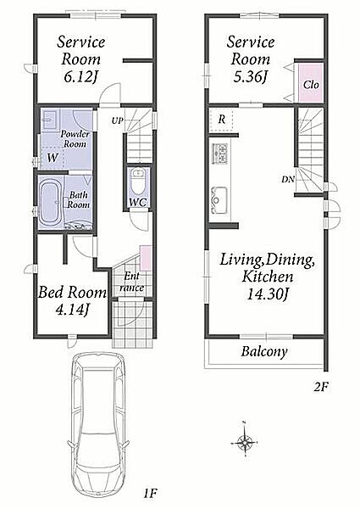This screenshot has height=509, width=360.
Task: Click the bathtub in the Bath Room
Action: [50, 203]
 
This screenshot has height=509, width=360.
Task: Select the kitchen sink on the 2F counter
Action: [219, 200]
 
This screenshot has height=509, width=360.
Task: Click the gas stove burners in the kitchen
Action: [220, 154]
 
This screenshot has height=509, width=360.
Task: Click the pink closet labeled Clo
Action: [311, 83]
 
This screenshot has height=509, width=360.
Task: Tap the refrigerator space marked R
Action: [222, 120]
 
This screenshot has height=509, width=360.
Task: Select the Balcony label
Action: [264, 351]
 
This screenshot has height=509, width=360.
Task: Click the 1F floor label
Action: [150, 494]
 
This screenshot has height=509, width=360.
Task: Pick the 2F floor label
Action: [321, 387]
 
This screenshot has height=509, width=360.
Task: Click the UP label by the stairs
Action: [117, 120]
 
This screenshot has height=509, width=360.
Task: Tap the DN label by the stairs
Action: [288, 179]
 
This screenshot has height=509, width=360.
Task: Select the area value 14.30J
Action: [268, 294]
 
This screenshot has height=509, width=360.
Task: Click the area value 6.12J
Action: [81, 77]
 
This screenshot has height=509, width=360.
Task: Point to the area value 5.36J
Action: [250, 76]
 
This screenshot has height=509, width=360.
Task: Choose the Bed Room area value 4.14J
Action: [72, 310]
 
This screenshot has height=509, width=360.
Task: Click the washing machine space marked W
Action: [53, 158]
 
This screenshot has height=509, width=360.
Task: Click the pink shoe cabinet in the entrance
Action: [146, 258]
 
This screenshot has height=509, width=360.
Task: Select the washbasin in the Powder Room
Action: [50, 118]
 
